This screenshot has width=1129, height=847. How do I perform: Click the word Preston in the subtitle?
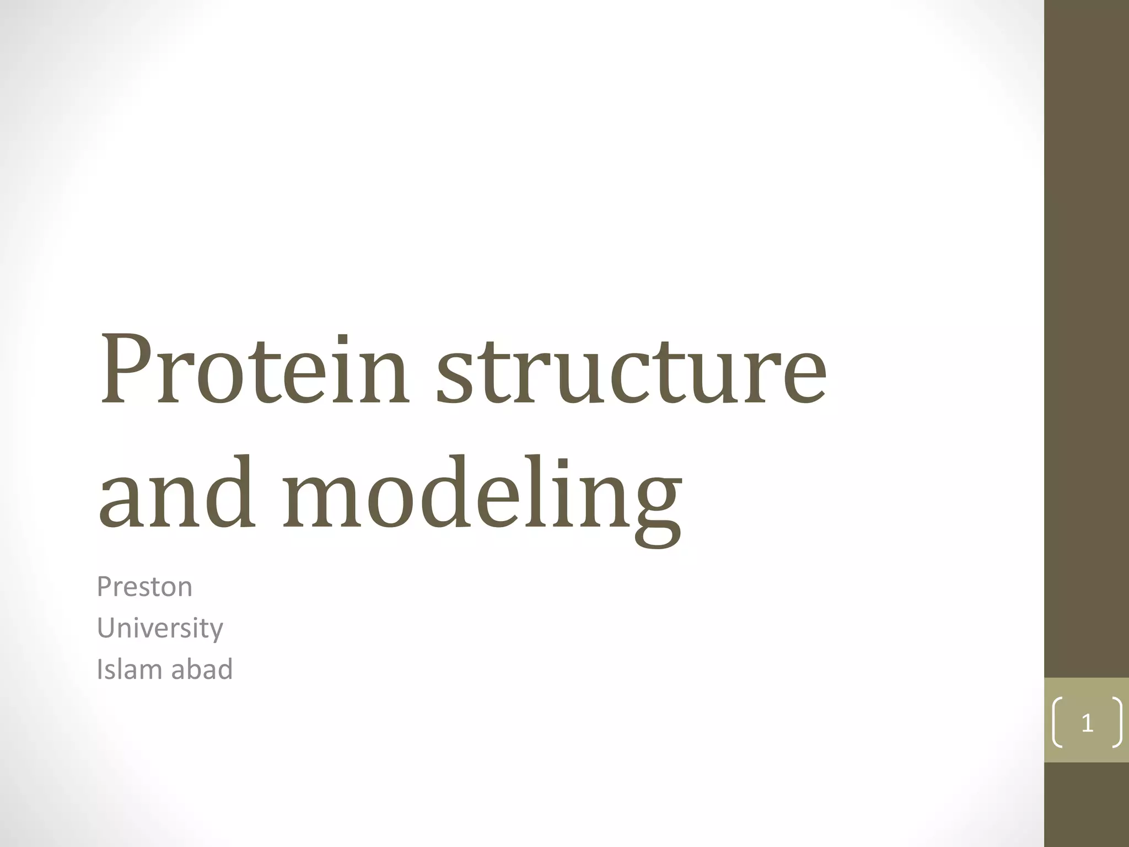[144, 587]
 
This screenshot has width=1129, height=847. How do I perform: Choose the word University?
[160, 629]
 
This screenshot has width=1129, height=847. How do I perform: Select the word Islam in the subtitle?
[129, 669]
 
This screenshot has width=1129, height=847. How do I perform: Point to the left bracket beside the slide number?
[1057, 723]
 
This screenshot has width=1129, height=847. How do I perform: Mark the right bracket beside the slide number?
[1116, 723]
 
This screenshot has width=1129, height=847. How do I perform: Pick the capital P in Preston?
[103, 587]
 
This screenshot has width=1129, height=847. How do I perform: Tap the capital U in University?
[105, 629]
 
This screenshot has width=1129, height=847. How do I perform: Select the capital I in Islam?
[99, 669]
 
